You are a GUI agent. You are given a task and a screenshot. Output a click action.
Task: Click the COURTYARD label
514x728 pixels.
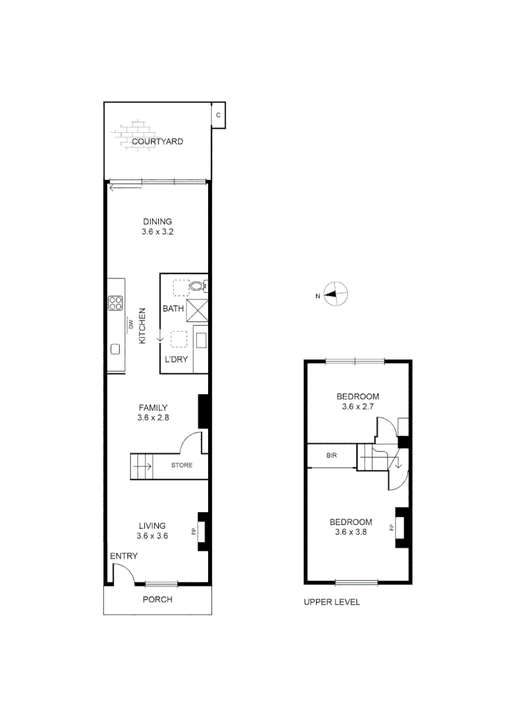(157, 142)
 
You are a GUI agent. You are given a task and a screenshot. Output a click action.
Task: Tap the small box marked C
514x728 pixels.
(218, 115)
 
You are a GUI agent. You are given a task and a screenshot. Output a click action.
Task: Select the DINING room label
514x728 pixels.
(157, 221)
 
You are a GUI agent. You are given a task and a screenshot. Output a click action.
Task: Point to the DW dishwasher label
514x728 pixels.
(130, 326)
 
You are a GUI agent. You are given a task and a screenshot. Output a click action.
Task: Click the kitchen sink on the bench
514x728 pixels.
(115, 349)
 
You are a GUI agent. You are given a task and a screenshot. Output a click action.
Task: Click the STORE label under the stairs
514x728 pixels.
(181, 465)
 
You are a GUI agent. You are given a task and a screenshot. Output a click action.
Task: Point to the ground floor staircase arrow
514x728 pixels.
(142, 466)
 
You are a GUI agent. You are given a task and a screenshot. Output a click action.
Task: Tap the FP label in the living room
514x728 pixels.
(194, 532)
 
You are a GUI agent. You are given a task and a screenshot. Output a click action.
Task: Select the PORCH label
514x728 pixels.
(158, 599)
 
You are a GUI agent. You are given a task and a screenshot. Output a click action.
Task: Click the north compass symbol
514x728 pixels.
(335, 293)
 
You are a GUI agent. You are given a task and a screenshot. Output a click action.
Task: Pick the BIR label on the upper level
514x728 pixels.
(331, 456)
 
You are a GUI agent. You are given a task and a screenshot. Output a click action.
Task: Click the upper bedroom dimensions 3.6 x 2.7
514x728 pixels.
(358, 407)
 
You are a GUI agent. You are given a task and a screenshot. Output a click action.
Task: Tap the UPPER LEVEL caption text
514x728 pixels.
(332, 602)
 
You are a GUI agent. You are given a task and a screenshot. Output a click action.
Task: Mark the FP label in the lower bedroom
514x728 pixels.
(391, 527)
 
